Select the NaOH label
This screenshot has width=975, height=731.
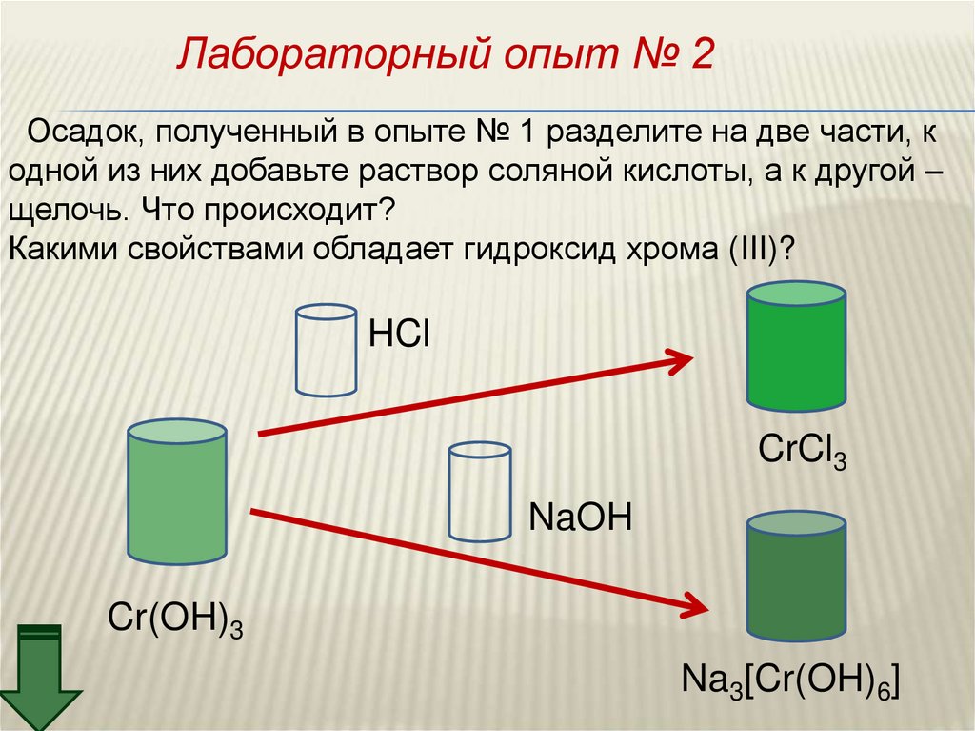[580, 520]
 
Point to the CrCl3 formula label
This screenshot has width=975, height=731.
[802, 450]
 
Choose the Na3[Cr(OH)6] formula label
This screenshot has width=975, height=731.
[790, 682]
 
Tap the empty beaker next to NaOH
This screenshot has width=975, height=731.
[480, 492]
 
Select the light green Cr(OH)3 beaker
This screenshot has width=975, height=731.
[177, 492]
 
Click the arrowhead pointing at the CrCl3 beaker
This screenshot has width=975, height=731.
[678, 361]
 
